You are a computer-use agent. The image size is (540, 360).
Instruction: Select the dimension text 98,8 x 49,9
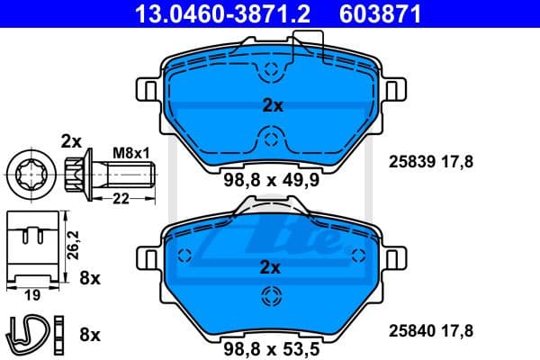click(272, 180)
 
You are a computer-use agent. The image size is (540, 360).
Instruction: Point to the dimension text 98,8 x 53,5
click(272, 346)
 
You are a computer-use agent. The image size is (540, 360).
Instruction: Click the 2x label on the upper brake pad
click(272, 106)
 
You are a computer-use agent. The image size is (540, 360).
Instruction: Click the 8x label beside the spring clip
click(89, 334)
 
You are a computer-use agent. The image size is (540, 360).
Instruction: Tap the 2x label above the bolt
click(70, 140)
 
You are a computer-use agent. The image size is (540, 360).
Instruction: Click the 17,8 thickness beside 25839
click(456, 161)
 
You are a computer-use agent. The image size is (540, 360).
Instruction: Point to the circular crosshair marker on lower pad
click(269, 296)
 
